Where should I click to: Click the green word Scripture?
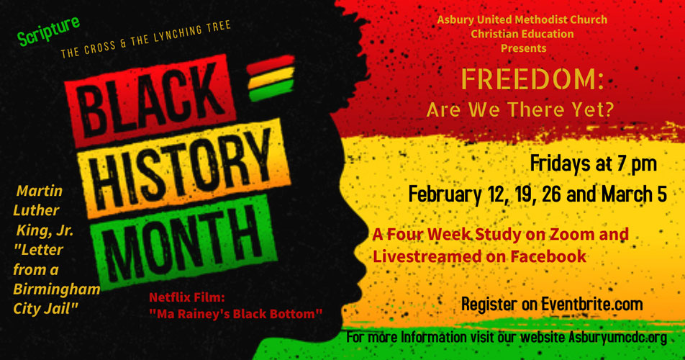[48, 30]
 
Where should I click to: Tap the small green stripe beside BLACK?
[271, 91]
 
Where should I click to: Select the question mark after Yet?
[609, 109]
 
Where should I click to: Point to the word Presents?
[523, 48]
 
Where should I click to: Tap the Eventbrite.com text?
[592, 304]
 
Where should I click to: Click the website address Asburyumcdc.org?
[617, 337]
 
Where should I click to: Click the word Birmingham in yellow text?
[57, 289]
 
